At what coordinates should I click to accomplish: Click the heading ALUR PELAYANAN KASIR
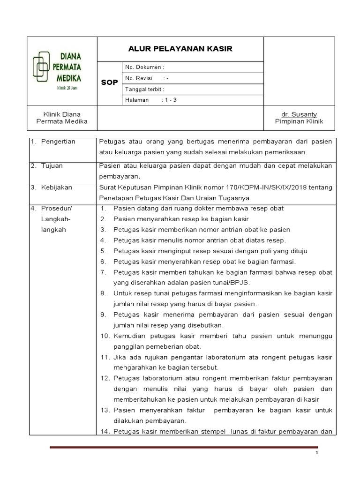coord(180,49)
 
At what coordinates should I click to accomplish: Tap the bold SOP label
coord(110,82)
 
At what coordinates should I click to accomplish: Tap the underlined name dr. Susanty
coord(299,114)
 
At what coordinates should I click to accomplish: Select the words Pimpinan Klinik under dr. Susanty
coord(299,121)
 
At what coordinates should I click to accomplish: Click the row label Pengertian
coord(58,142)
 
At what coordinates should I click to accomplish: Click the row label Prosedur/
coord(57,208)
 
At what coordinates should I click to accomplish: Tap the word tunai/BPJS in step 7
coord(230,283)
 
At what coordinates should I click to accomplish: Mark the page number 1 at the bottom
coord(316,454)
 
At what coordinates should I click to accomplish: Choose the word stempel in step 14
coord(211,431)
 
